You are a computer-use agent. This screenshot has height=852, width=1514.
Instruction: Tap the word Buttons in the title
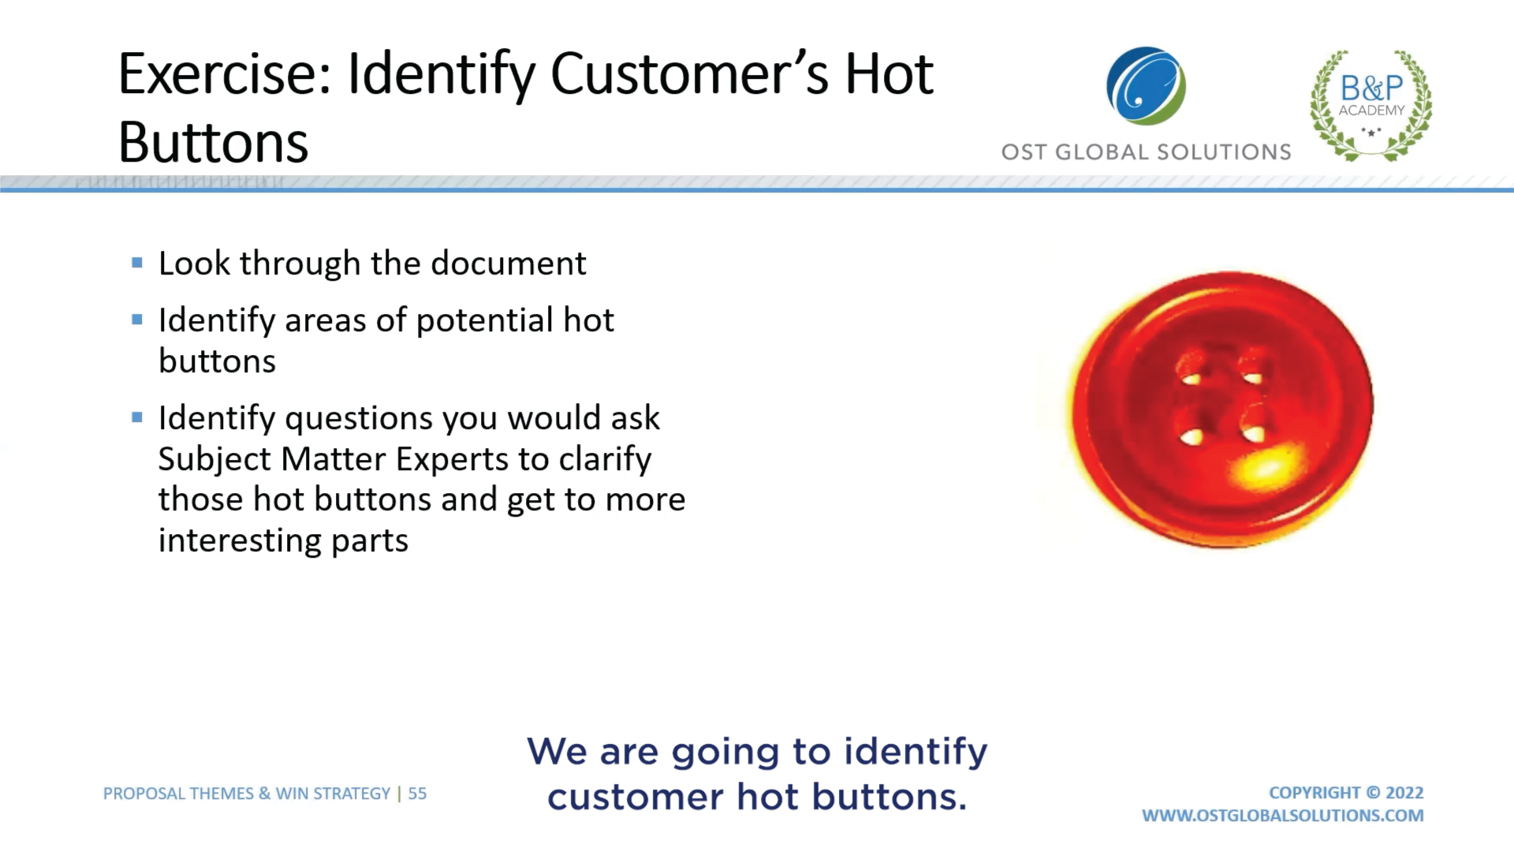coord(213,143)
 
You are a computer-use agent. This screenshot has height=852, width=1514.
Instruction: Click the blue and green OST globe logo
coord(1146,86)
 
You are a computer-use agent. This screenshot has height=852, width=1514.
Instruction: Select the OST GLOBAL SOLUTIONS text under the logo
coord(1146,151)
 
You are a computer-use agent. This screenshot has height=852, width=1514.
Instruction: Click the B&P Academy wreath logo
coord(1371,105)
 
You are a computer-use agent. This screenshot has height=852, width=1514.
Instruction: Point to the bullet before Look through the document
coord(137,263)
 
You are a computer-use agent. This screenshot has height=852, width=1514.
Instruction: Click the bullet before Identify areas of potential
coord(137,319)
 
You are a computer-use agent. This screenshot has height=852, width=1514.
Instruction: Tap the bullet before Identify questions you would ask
coord(137,417)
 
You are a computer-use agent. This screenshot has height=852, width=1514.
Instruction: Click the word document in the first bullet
coord(508,263)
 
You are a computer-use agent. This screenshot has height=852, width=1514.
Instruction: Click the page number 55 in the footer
coord(417,794)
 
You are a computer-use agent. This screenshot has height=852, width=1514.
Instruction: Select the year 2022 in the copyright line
coord(1404,793)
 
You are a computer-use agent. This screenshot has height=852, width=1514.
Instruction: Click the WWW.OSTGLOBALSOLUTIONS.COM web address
coord(1283,816)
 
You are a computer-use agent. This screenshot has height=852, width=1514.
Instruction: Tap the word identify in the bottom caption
coord(915,753)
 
